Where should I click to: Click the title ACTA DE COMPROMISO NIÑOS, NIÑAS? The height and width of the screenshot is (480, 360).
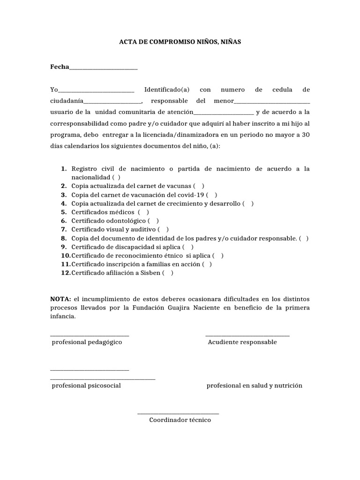pyautogui.click(x=180, y=42)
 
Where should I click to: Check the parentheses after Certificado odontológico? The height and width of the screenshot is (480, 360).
pyautogui.click(x=153, y=221)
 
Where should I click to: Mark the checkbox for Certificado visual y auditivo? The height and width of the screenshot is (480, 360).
pyautogui.click(x=163, y=230)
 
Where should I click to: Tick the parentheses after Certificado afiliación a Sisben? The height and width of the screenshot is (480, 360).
pyautogui.click(x=168, y=273)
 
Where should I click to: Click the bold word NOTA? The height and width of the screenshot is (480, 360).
pyautogui.click(x=60, y=299)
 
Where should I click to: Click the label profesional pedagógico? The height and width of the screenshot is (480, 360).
pyautogui.click(x=87, y=342)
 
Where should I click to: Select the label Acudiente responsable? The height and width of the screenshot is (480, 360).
pyautogui.click(x=242, y=342)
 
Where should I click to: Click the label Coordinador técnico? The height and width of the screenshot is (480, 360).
pyautogui.click(x=180, y=420)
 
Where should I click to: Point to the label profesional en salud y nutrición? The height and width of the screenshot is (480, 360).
pyautogui.click(x=255, y=386)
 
